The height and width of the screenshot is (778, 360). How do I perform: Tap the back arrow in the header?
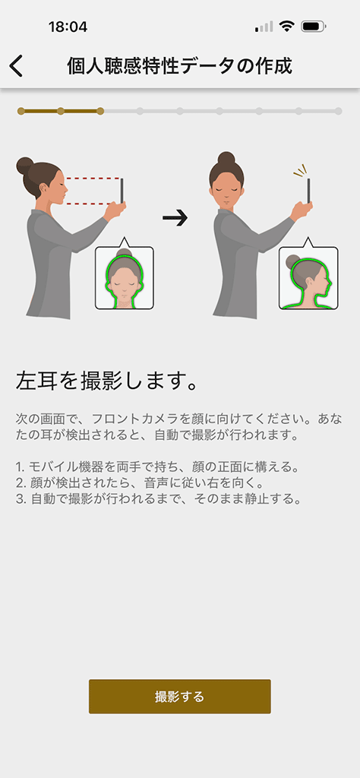click(x=16, y=67)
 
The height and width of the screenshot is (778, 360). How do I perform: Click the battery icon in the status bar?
click(x=314, y=27)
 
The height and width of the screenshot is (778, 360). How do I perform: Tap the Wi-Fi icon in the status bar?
click(x=286, y=27)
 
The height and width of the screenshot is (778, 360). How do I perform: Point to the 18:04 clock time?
click(x=68, y=27)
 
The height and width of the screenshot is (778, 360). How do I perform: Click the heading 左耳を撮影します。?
click(x=108, y=381)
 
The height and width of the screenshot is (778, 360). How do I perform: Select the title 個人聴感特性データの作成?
click(x=179, y=66)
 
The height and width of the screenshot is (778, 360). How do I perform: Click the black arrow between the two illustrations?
click(x=175, y=217)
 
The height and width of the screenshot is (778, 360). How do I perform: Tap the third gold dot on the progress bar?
click(x=100, y=111)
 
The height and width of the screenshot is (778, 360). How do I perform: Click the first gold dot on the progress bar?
click(x=21, y=111)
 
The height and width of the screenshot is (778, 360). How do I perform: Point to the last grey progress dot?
click(x=338, y=111)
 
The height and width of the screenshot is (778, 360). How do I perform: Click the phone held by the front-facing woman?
click(x=309, y=191)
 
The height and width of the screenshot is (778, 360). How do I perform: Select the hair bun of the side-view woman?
click(x=25, y=166)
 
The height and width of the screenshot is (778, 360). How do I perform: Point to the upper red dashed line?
click(x=93, y=178)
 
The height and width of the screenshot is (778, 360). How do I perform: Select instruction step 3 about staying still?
click(x=159, y=498)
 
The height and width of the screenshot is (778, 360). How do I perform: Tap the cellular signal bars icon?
click(x=264, y=27)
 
